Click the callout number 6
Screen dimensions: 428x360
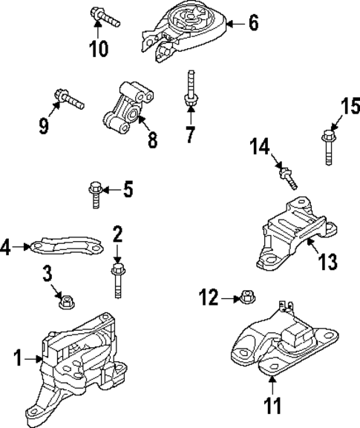point(253,24)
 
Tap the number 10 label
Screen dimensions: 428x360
point(98,48)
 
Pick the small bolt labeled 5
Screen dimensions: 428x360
point(94,193)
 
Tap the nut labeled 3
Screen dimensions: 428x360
point(65,301)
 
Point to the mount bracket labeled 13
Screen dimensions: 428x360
point(290,231)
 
